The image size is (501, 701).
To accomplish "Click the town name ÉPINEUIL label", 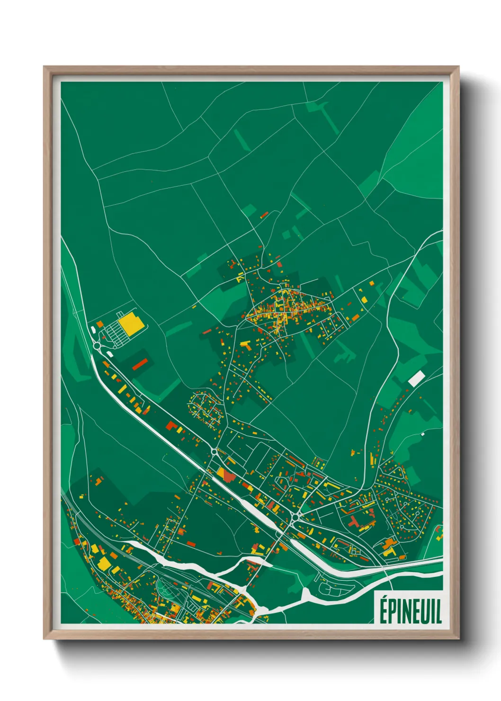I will [410, 611].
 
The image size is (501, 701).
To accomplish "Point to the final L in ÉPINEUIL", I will [439, 611].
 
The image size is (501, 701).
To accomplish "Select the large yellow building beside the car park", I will [131, 324].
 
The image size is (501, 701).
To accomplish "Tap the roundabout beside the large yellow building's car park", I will [98, 346].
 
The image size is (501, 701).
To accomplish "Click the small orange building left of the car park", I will [100, 324].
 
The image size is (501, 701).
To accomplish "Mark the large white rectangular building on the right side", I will [417, 378].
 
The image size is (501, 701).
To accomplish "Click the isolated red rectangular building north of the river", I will [191, 543].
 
